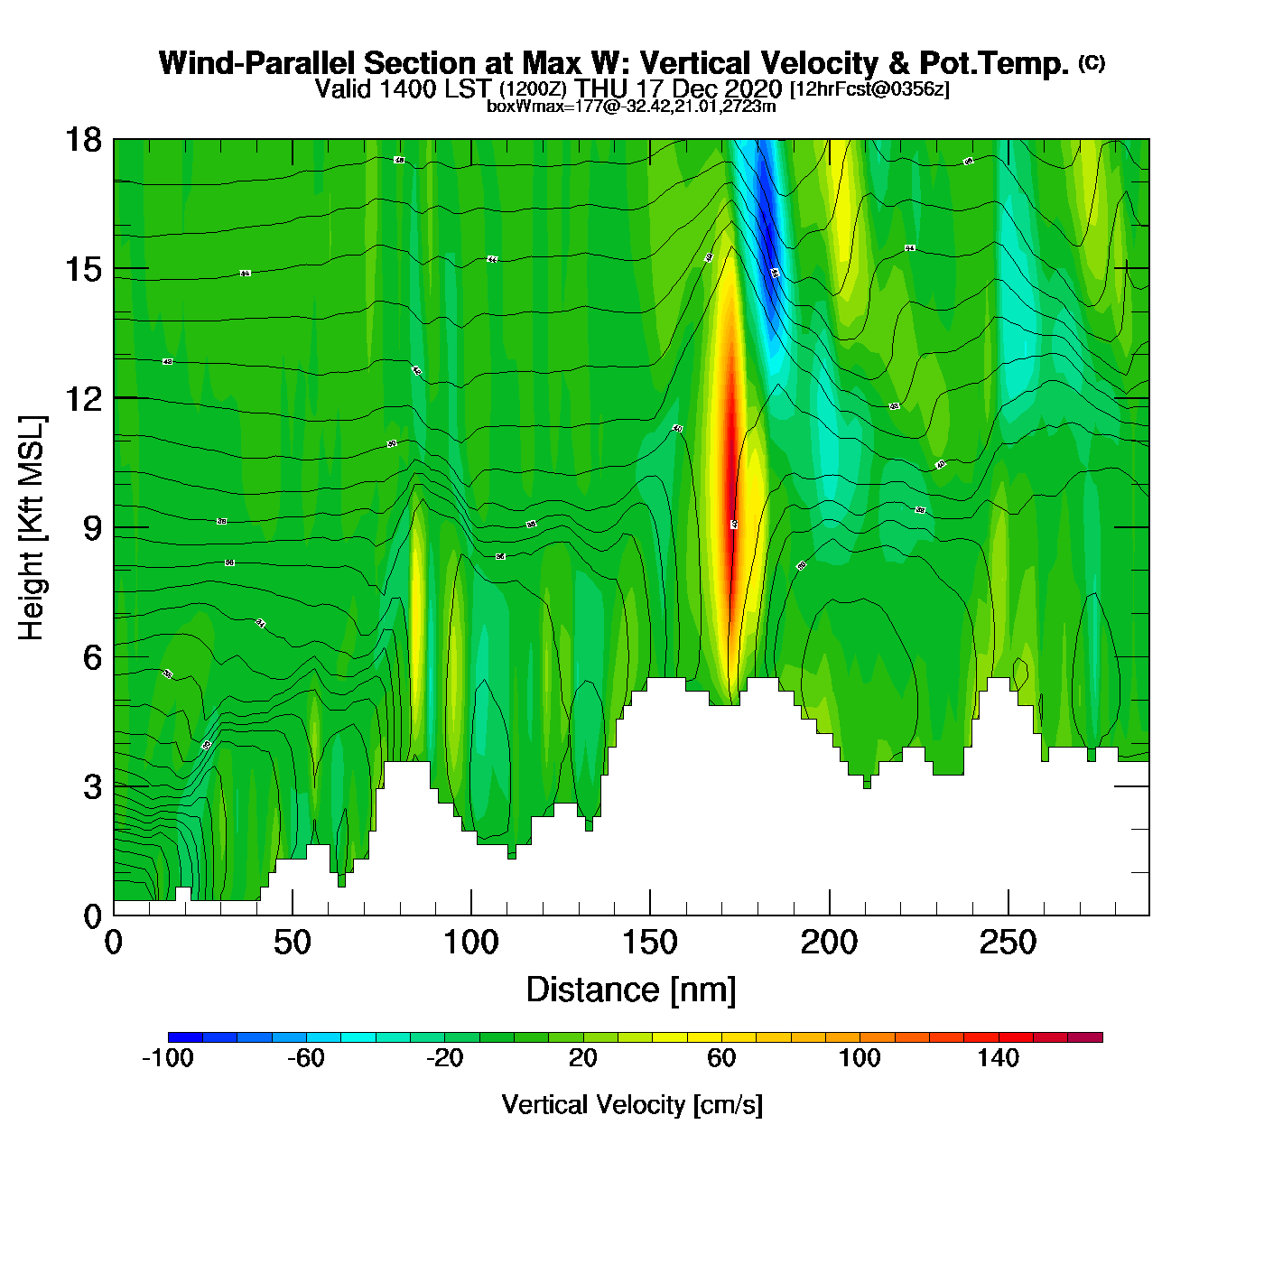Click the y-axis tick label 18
82,140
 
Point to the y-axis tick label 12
82,398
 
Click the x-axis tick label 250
1008,943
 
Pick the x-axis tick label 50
292,943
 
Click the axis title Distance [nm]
631,990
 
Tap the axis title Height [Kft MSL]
32,528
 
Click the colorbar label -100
168,1058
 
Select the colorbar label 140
998,1058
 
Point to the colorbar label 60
721,1058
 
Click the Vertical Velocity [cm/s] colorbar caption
632,1104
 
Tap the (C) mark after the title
1092,62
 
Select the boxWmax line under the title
631,106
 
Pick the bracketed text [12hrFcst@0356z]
869,89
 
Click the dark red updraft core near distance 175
733,506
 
